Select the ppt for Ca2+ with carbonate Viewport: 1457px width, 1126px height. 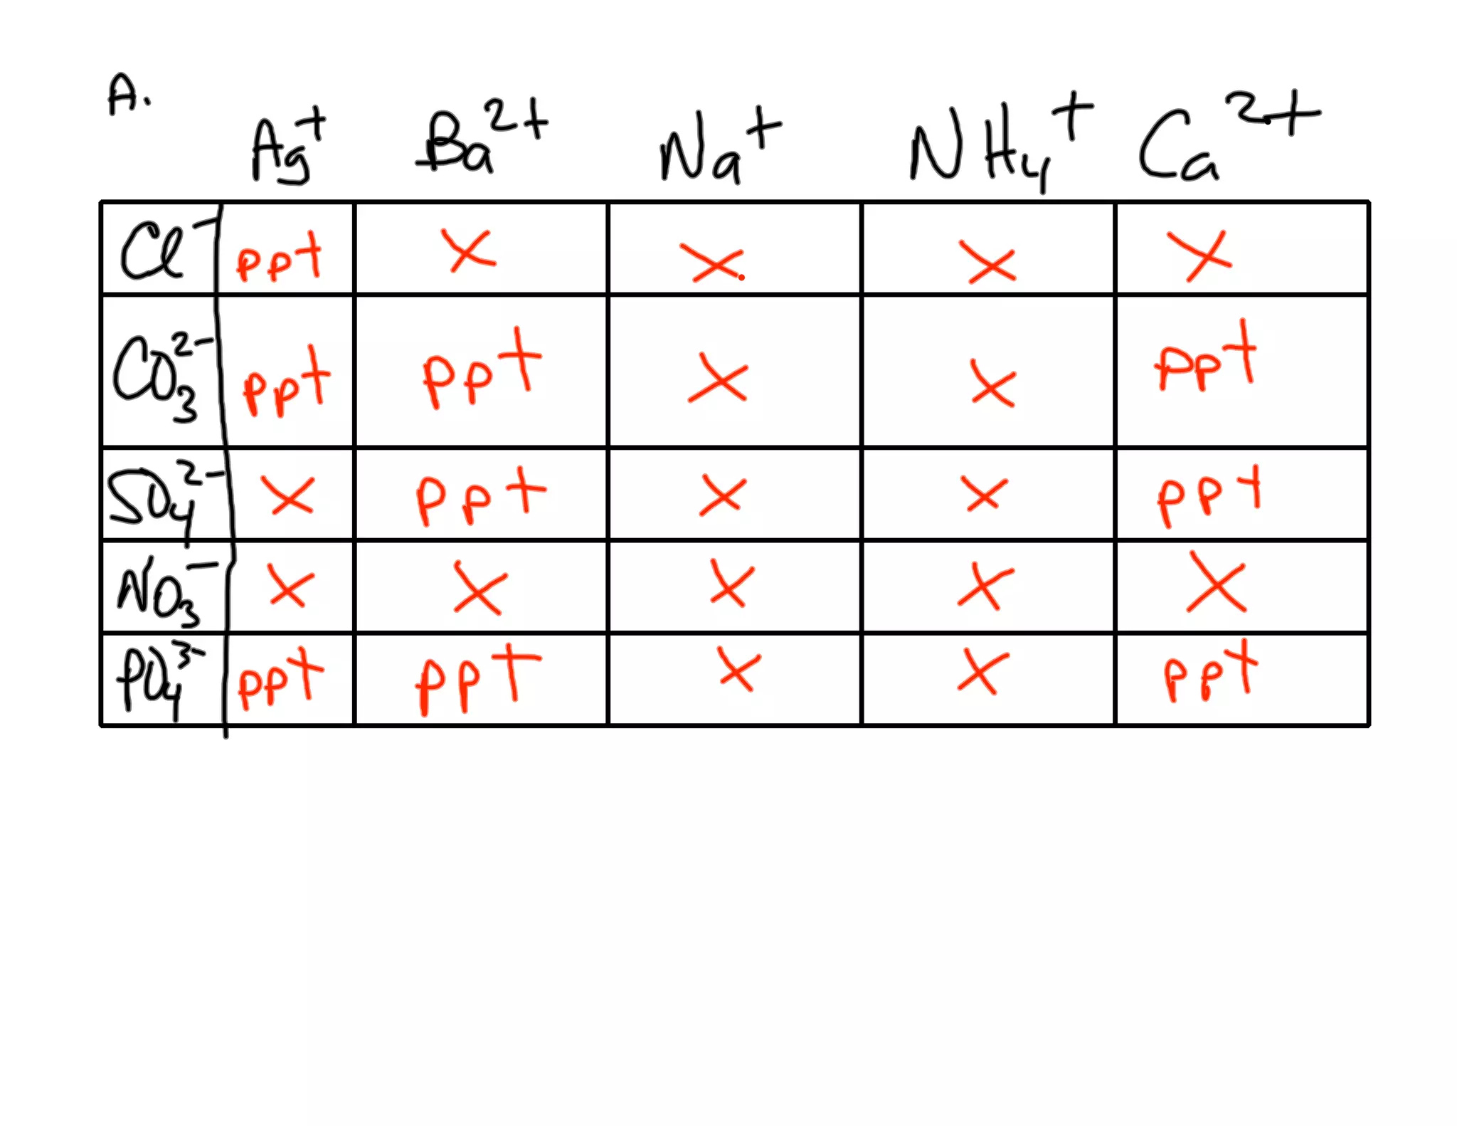(x=1205, y=359)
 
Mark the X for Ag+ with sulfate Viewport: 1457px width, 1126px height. (x=288, y=495)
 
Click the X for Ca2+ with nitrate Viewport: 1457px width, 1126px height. (x=1217, y=584)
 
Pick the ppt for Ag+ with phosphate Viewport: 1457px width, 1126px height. (x=279, y=679)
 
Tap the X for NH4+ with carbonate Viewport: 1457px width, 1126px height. (x=992, y=385)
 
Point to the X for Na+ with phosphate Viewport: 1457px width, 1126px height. (x=738, y=670)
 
